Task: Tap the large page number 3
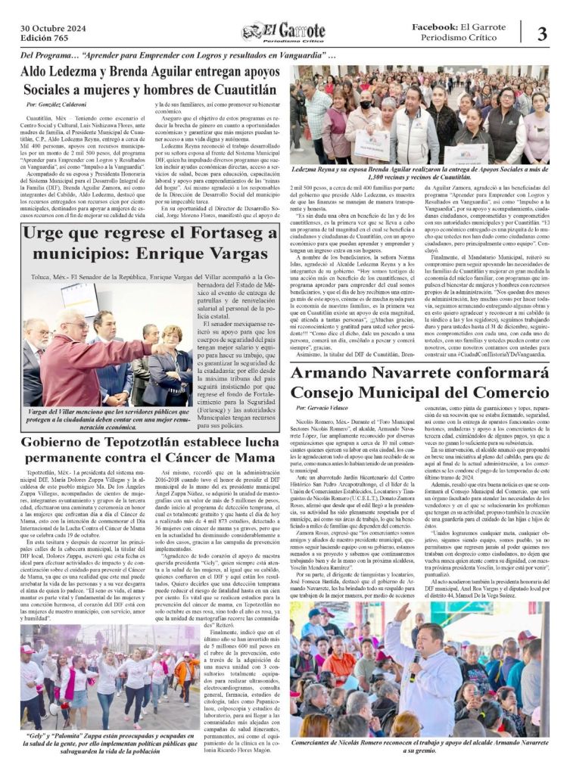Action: coord(542,33)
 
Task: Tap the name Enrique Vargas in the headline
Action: coord(204,253)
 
